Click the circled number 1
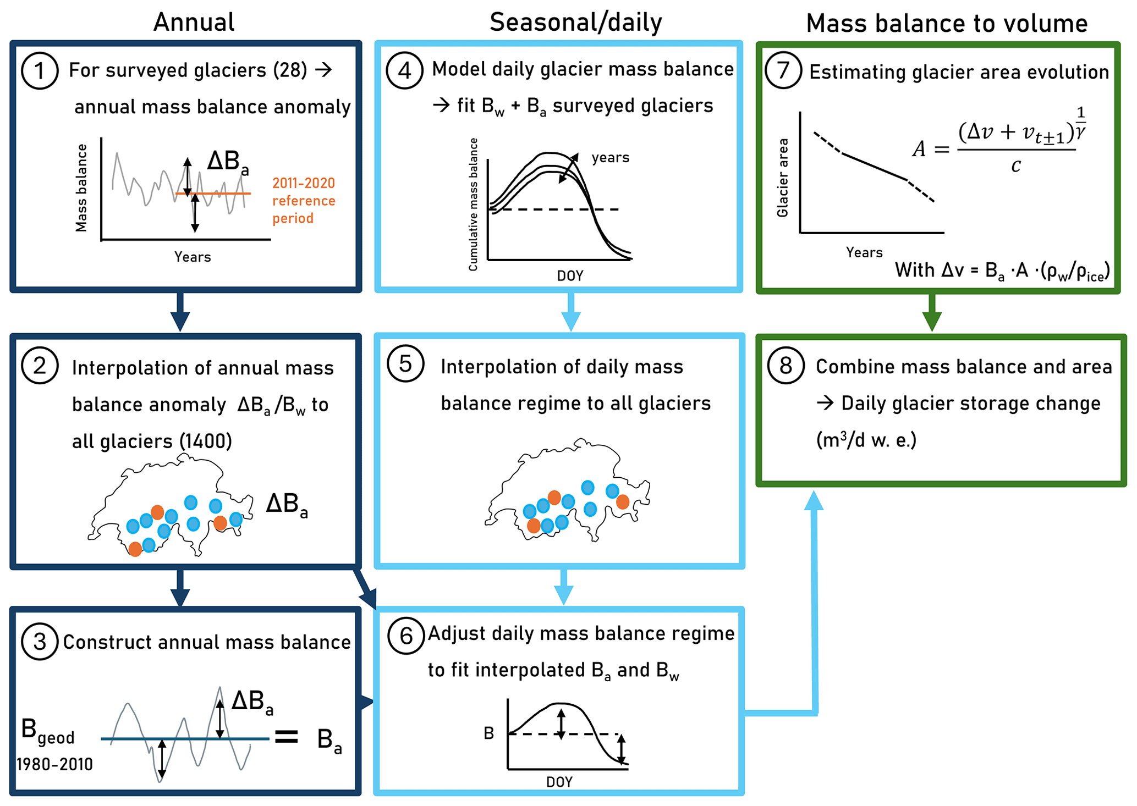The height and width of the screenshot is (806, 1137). coord(40,70)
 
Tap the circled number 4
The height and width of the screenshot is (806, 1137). coord(404,70)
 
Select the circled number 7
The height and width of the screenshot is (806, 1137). coord(783,70)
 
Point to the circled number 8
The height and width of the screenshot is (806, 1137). coord(786,365)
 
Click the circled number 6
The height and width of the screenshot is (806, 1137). coord(406,636)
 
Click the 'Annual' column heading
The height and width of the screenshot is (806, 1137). coord(194,23)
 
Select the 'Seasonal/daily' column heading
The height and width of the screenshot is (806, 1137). coord(575,23)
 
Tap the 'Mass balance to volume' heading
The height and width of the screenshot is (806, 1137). coord(947,24)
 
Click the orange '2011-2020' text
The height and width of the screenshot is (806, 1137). coord(304,183)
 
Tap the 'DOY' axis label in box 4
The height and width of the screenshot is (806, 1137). coord(570,275)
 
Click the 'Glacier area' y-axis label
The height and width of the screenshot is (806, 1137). coord(782,178)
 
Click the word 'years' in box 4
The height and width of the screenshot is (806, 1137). coord(610,158)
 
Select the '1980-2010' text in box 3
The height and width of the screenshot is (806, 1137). coord(54,764)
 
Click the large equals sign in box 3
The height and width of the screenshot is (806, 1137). coord(287,737)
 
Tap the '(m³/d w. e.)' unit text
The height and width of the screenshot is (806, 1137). coord(866,440)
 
